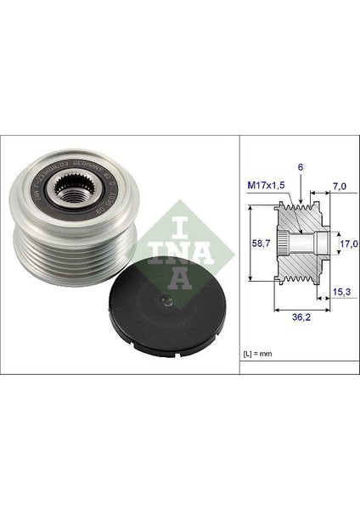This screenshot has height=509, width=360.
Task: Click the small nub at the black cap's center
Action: (x=166, y=303)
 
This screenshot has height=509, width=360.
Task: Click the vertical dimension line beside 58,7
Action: (x=252, y=243)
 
